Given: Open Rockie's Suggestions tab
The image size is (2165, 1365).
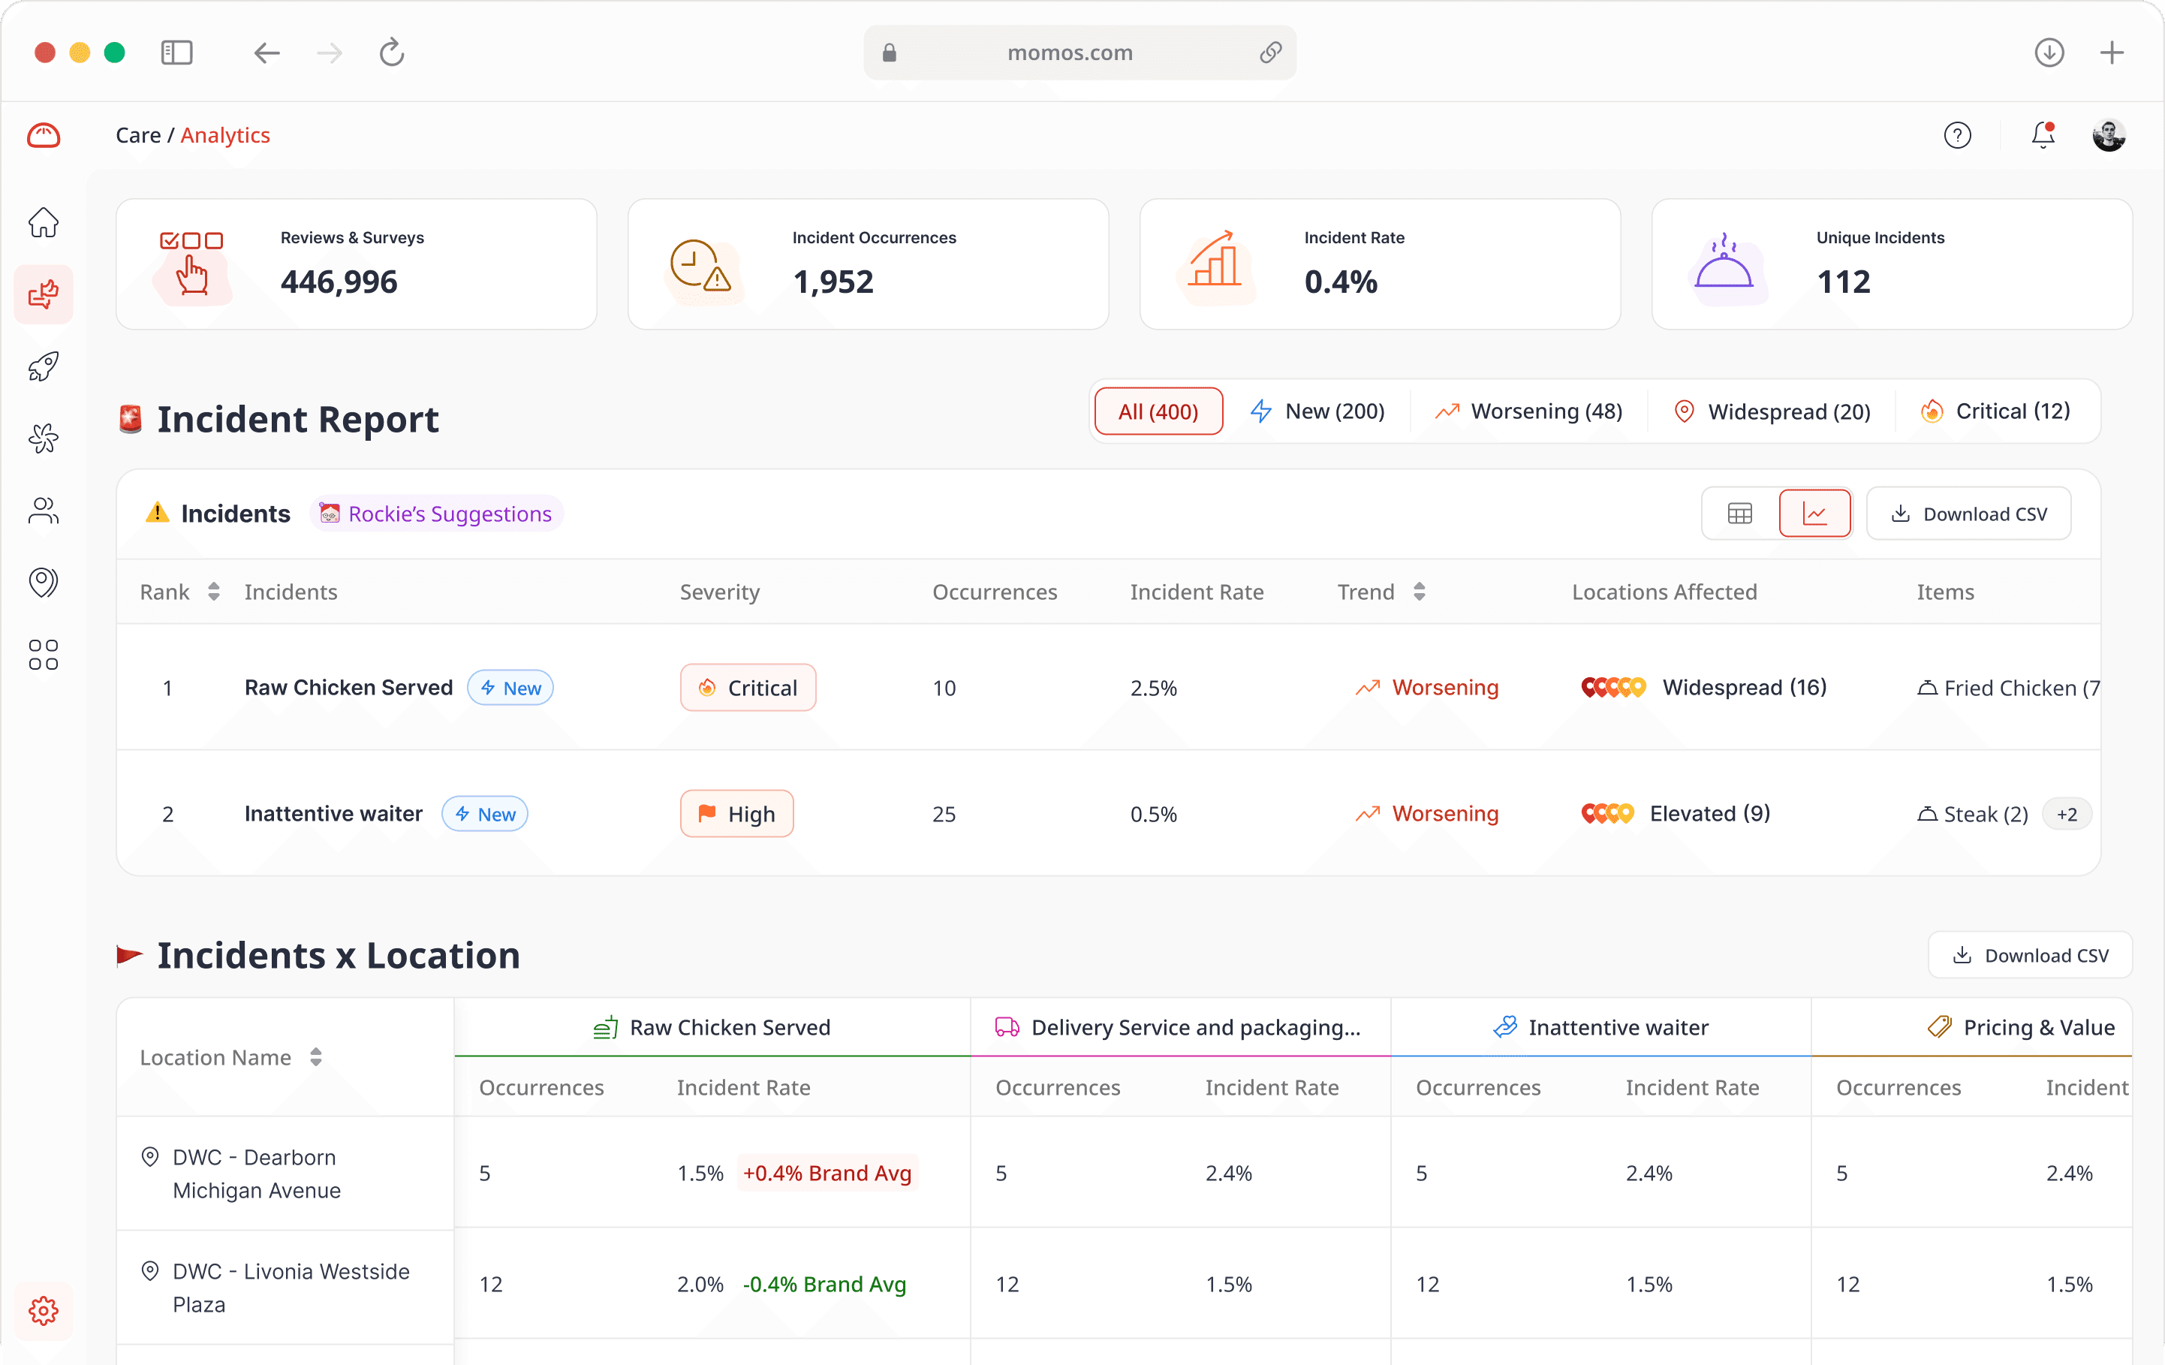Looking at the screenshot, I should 437,514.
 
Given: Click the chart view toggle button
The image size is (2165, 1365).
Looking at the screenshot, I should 1814,514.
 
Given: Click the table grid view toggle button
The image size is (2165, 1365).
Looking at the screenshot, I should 1740,514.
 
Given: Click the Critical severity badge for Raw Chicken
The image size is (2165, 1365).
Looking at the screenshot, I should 748,688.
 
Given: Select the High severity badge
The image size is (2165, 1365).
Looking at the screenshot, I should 736,814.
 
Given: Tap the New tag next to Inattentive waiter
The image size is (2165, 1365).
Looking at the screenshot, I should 485,814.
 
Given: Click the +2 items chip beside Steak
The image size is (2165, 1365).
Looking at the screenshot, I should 2067,814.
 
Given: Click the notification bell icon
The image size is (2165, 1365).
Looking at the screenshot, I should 2043,135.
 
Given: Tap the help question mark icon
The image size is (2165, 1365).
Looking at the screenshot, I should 1957,135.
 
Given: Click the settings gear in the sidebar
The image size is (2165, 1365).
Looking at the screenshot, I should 43,1310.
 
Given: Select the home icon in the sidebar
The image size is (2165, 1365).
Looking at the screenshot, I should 43,222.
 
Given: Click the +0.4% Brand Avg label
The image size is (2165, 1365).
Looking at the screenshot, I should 827,1173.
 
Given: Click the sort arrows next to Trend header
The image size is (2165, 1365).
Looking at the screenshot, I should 1419,592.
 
